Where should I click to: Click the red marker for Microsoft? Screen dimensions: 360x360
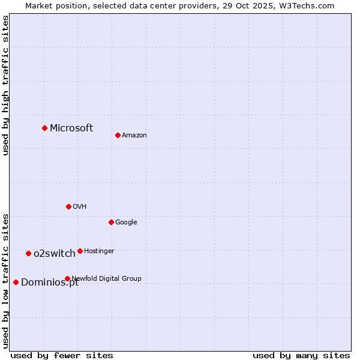(44, 128)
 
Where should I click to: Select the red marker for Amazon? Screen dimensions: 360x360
(118, 135)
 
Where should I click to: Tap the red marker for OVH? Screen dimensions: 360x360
(68, 206)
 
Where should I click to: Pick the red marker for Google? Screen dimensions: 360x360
(111, 222)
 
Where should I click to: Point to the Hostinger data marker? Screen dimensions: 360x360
(80, 251)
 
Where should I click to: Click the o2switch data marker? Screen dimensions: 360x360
(28, 253)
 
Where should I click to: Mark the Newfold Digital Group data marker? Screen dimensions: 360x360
(67, 278)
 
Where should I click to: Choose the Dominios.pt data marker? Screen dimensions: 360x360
(16, 282)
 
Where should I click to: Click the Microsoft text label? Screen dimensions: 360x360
(71, 128)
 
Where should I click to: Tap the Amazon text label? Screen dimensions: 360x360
(134, 136)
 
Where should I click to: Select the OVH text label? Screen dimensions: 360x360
(80, 207)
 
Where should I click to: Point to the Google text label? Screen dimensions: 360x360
(126, 223)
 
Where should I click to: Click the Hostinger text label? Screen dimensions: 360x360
(99, 251)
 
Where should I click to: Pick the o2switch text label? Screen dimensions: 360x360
(55, 254)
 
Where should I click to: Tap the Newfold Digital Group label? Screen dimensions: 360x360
(106, 278)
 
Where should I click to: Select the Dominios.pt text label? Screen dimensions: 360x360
(50, 283)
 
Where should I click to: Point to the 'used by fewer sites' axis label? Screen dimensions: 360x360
(62, 355)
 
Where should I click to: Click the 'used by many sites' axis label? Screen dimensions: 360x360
(301, 355)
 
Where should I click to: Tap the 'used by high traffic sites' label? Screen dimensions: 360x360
(6, 85)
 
